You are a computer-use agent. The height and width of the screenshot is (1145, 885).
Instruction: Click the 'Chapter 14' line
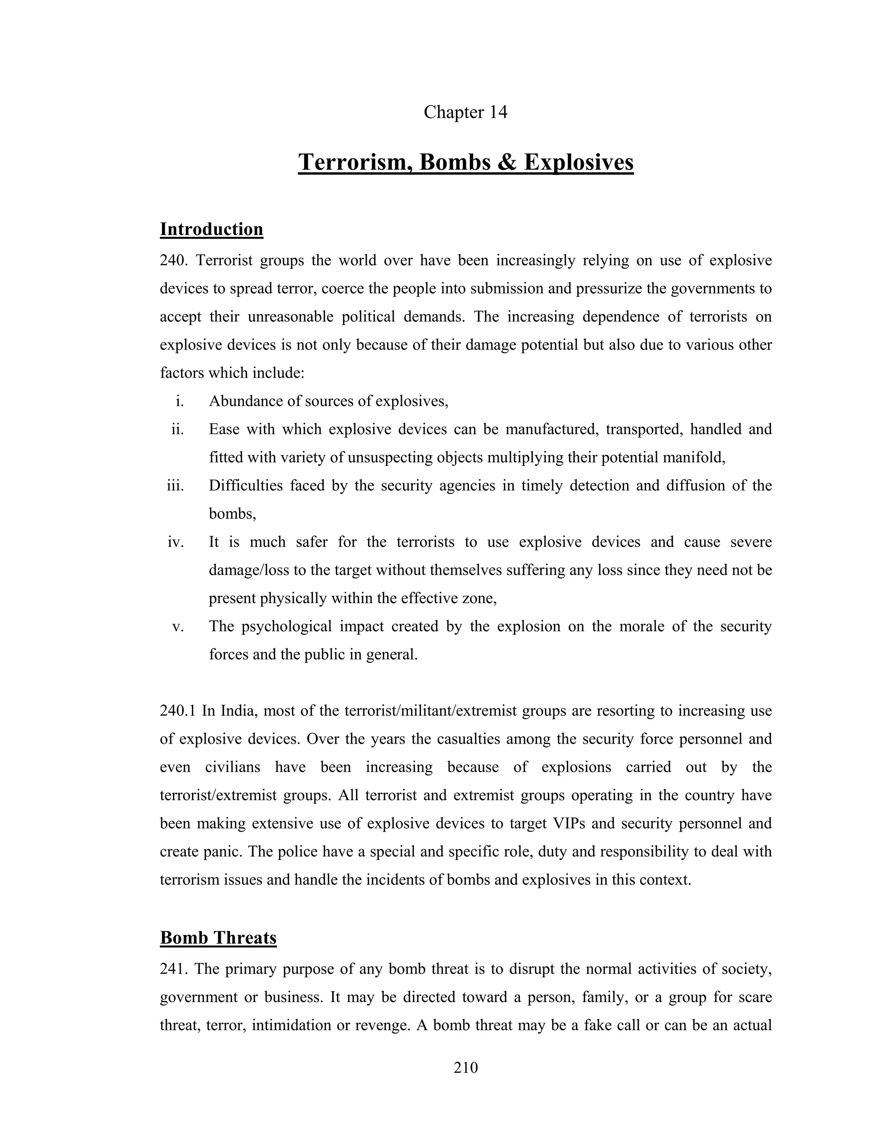click(465, 112)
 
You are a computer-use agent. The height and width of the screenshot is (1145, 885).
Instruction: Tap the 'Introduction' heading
click(211, 229)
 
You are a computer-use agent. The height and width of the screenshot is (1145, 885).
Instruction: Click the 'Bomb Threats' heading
click(218, 938)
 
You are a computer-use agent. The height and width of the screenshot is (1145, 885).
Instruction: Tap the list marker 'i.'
click(180, 401)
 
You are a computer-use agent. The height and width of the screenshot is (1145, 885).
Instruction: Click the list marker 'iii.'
click(175, 486)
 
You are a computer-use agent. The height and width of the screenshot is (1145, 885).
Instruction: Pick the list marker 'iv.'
click(176, 542)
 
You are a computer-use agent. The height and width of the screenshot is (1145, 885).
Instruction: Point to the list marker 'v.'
click(178, 627)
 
